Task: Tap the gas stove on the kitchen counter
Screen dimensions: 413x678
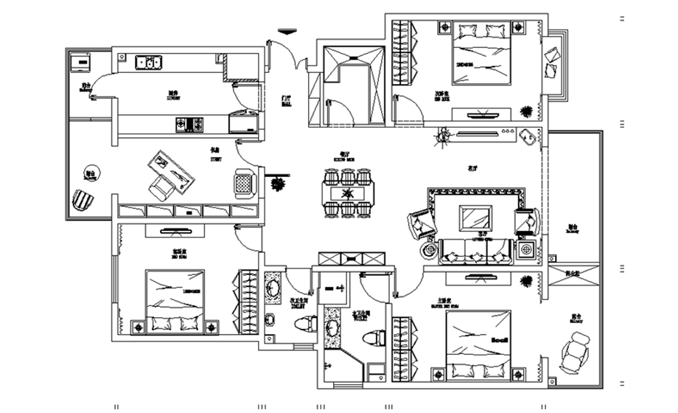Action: [189, 125]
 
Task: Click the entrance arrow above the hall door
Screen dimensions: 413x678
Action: [286, 31]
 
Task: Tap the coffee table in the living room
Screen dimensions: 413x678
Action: [473, 218]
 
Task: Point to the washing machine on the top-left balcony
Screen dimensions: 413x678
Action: [77, 63]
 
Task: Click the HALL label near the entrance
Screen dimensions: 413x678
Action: [285, 103]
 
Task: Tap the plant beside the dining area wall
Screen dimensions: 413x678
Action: [279, 183]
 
